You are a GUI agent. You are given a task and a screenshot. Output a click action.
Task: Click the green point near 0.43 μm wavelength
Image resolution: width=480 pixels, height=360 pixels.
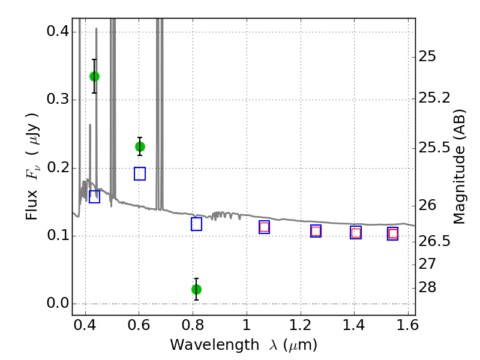pos(94,76)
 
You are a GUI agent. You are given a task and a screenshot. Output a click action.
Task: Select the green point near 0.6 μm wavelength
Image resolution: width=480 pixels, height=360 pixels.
pos(140,146)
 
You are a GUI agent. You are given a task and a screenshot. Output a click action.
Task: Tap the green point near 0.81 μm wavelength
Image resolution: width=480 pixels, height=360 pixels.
pos(196,289)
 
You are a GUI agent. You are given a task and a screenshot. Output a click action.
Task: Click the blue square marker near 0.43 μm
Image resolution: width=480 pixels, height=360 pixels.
pos(94,196)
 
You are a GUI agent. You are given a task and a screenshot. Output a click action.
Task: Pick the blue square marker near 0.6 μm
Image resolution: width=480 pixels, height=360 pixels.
pos(140,173)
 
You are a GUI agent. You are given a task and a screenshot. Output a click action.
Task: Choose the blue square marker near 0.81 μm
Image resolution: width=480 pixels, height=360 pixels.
pos(196,224)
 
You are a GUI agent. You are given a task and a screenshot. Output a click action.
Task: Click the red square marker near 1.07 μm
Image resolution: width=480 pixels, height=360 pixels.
pos(264,227)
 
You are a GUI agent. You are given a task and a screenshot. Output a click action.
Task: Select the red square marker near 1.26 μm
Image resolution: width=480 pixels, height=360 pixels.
pos(316,231)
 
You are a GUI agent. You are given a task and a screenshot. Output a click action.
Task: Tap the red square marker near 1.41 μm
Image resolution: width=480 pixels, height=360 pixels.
pos(356,233)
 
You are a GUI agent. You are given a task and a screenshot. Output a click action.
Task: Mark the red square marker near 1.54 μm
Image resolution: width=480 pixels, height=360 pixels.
pos(393,233)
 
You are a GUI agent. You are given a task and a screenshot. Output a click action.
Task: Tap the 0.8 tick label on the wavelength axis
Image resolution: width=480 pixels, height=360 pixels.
pos(193,329)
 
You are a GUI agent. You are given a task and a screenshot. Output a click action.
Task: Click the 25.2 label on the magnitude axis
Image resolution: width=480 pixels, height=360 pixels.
pos(434,97)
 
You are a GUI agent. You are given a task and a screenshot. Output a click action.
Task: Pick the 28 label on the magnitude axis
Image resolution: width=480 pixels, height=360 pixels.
pos(427,287)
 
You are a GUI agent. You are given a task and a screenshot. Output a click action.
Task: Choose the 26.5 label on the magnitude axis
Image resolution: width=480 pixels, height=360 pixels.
pos(434,241)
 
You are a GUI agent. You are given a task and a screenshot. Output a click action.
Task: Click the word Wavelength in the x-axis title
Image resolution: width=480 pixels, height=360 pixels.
pos(204,345)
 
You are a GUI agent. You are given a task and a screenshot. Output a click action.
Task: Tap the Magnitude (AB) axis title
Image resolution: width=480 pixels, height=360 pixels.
pos(460,166)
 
